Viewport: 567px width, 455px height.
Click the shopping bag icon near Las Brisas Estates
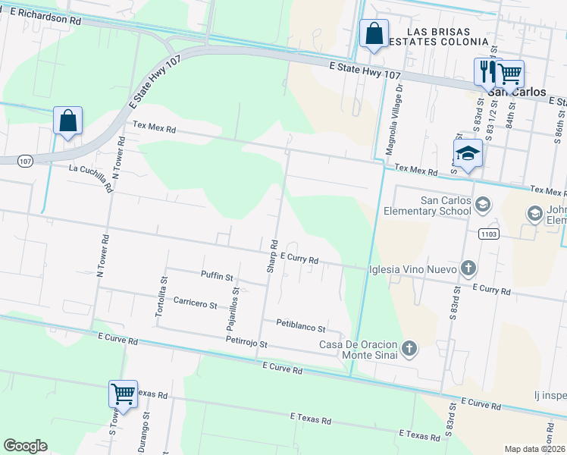point(374,34)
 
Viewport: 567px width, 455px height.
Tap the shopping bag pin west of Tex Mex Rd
point(67,121)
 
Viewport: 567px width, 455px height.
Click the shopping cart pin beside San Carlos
point(510,74)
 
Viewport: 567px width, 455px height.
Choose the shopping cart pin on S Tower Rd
point(123,394)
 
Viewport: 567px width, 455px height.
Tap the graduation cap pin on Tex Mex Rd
point(468,154)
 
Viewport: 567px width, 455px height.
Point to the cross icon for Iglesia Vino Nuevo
point(468,268)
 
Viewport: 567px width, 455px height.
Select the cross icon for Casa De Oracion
point(409,348)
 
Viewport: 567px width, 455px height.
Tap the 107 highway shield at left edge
point(25,161)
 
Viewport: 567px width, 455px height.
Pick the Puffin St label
point(217,276)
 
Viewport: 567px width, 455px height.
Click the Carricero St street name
point(196,304)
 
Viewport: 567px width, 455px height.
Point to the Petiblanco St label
point(300,328)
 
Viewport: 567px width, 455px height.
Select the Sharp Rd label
point(274,256)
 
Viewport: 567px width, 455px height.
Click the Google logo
point(25,446)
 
